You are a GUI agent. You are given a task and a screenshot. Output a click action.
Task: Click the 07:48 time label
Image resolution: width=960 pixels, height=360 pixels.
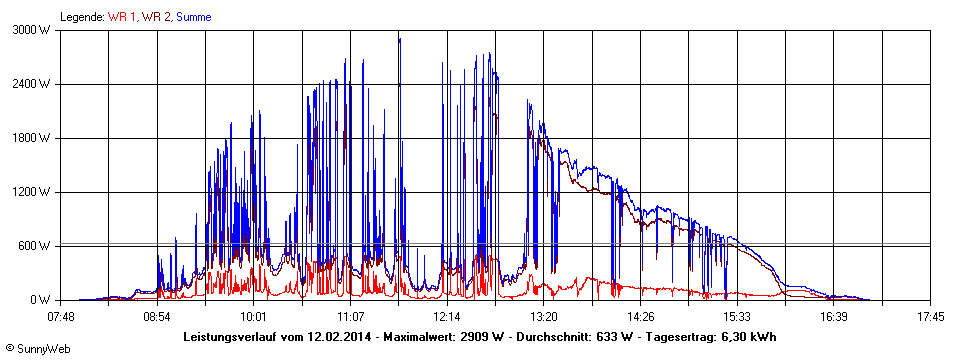click(x=61, y=317)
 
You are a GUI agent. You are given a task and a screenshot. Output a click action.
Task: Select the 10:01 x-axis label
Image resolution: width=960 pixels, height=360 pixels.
click(x=254, y=317)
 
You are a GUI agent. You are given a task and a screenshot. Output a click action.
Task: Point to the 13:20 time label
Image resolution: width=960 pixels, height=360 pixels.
click(x=543, y=317)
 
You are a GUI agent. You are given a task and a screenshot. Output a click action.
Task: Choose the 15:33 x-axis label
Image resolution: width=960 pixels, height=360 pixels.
click(x=737, y=317)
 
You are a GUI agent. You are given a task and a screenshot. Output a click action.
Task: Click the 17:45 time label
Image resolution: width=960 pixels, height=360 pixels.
click(x=930, y=317)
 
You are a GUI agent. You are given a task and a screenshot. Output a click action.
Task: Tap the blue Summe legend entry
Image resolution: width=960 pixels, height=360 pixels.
click(x=194, y=17)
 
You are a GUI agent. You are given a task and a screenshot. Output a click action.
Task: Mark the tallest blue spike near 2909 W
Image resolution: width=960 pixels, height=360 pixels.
click(x=399, y=40)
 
